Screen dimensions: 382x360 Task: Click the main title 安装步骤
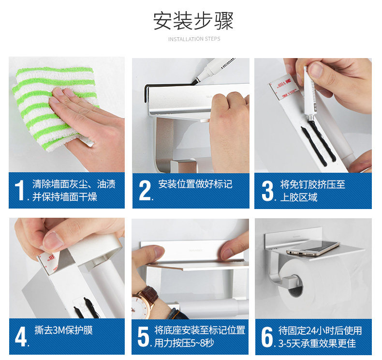(194, 21)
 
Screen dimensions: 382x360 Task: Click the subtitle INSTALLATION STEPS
(194, 39)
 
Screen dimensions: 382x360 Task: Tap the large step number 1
(19, 190)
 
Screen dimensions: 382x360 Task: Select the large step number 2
(145, 190)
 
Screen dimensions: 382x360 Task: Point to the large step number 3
(268, 191)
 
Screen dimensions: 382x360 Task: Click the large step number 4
(21, 337)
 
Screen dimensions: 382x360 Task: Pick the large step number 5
(143, 337)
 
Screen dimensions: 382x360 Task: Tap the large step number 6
(267, 337)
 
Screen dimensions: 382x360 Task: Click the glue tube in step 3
(310, 95)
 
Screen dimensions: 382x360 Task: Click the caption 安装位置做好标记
(195, 184)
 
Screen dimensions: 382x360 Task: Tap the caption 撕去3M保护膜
(63, 330)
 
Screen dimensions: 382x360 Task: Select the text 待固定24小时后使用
(320, 331)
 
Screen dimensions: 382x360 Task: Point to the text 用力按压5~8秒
(184, 343)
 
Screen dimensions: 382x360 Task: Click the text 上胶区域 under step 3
(299, 197)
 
